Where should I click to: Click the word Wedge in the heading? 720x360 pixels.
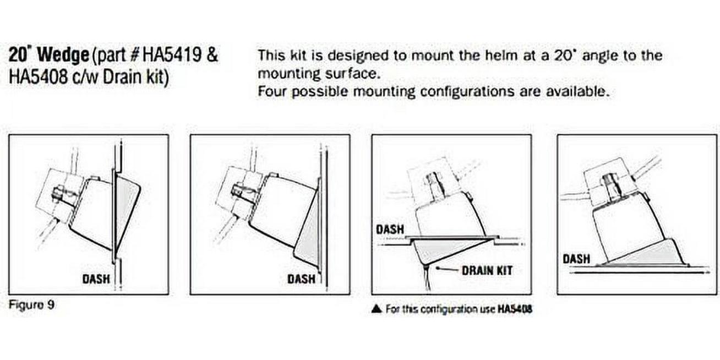tap(63, 55)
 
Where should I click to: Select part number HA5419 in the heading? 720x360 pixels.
tap(172, 55)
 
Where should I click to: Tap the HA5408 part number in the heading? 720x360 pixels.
tap(38, 78)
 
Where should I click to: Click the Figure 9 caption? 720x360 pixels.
tap(31, 305)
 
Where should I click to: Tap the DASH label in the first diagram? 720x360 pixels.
tap(96, 279)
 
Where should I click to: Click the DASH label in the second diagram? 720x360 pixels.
tap(301, 279)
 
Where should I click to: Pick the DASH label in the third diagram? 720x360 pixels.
tap(390, 230)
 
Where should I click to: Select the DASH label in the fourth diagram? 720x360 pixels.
tap(576, 259)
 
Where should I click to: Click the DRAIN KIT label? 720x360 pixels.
tap(487, 271)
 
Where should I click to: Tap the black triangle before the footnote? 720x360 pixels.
tap(377, 309)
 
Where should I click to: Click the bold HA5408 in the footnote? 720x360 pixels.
tap(515, 309)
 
